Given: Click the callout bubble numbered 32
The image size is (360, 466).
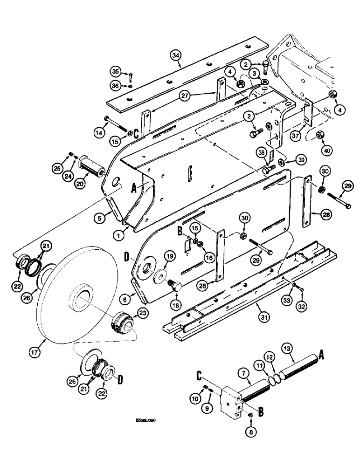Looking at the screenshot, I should click(301, 304).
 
